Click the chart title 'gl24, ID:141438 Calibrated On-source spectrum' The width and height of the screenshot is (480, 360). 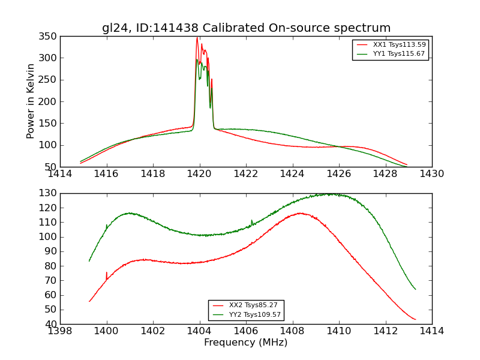pos(246,28)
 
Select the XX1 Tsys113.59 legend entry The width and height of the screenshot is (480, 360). pos(391,44)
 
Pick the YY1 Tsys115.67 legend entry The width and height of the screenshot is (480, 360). pos(391,53)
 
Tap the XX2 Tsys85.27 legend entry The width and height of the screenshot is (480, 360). pos(246,305)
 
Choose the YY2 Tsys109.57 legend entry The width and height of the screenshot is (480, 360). pos(246,314)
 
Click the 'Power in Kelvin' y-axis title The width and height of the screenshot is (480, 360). pos(31,101)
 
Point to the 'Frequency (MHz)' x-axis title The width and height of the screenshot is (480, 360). pos(246,343)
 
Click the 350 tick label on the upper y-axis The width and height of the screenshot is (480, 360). pos(50,37)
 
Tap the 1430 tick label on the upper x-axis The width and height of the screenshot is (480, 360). pos(432,174)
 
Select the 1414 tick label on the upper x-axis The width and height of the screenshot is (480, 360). pos(60,174)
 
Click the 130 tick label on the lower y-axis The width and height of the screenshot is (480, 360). pos(50,193)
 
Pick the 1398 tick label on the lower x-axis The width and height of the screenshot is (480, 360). pos(60,331)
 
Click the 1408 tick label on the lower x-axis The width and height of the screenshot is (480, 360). pos(292,331)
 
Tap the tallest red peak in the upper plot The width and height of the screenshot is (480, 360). pos(197,38)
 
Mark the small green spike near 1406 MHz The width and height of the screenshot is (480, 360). pos(251,220)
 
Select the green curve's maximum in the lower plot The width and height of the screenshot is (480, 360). pos(329,194)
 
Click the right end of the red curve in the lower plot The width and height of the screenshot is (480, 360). pos(415,319)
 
